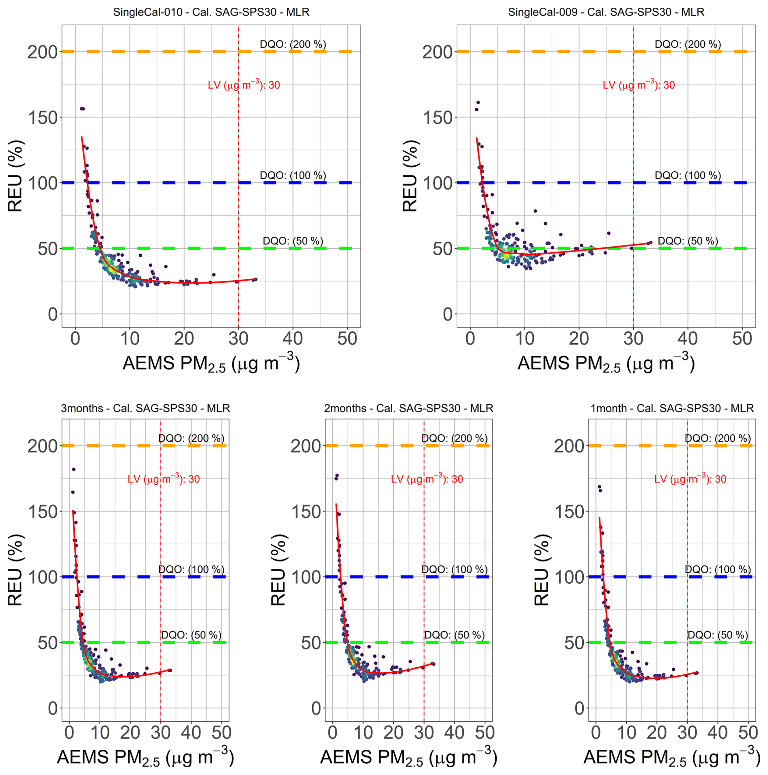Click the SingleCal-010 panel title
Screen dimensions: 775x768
[x=211, y=12]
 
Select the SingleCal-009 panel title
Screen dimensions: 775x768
[x=606, y=12]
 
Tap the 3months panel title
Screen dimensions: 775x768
[x=145, y=408]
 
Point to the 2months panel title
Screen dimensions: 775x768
[x=408, y=408]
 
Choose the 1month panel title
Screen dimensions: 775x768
[x=672, y=408]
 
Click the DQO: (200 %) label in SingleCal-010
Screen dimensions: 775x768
[x=293, y=44]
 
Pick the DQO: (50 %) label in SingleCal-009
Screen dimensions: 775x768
[x=688, y=241]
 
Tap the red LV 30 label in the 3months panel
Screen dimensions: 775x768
[x=164, y=479]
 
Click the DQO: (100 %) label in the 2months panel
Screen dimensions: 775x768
[x=454, y=569]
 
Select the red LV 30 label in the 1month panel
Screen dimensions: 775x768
[x=690, y=479]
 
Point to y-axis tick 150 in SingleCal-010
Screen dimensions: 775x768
[x=43, y=117]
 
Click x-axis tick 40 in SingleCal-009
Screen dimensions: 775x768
[x=688, y=338]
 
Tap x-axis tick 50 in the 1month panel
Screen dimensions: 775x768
[x=748, y=732]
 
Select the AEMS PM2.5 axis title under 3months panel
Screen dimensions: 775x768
[x=145, y=758]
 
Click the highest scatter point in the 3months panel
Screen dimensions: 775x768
[x=74, y=469]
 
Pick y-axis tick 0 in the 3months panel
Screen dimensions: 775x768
[x=53, y=708]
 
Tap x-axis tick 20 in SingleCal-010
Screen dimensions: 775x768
[x=184, y=338]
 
